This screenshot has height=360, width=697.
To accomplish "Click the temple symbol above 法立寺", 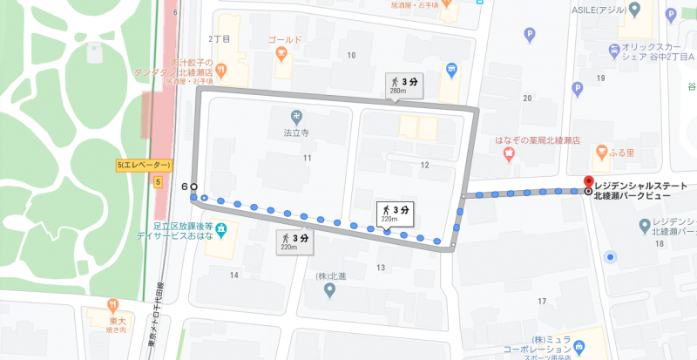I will pyautogui.click(x=299, y=116).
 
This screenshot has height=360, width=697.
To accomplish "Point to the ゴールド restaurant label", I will pyautogui.click(x=284, y=40).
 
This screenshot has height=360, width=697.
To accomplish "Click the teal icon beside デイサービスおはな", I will pyautogui.click(x=221, y=230).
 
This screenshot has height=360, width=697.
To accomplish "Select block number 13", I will pyautogui.click(x=380, y=267).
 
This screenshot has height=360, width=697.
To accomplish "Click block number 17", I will pyautogui.click(x=541, y=302).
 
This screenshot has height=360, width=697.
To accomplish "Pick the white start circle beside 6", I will pyautogui.click(x=194, y=187).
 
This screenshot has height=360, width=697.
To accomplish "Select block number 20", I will pyautogui.click(x=526, y=98).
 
